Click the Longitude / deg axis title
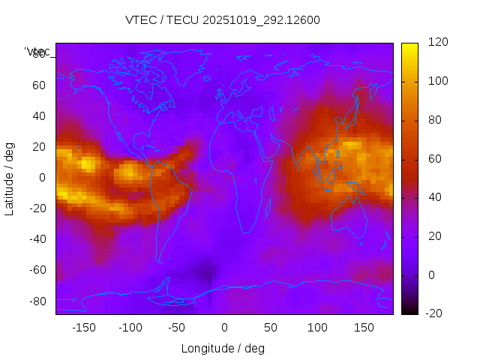coord(223,348)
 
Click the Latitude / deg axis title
coord(10,177)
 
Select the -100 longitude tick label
coord(130,327)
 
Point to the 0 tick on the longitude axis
coord(223,327)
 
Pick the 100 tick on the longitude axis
coord(317,327)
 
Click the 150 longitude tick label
coord(364,327)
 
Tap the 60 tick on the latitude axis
coord(39,85)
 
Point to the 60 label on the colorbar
coord(434,159)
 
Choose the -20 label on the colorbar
coord(436,314)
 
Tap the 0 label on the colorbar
coord(431,275)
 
